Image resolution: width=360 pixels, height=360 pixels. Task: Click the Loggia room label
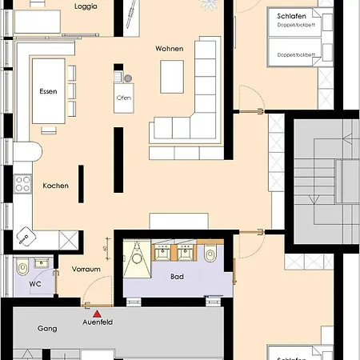[86, 6]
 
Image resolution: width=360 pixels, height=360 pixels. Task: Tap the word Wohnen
[169, 49]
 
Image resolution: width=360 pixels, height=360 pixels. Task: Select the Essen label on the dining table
[48, 92]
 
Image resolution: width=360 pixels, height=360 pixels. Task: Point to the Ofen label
[124, 98]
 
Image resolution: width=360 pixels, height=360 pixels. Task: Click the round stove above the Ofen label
[127, 78]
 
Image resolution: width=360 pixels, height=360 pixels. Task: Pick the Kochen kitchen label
[56, 186]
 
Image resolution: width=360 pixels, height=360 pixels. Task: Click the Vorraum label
[86, 270]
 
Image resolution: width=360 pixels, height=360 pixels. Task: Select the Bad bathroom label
[178, 277]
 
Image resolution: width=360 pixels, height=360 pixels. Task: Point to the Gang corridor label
[47, 328]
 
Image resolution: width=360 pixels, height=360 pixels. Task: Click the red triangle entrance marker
[98, 314]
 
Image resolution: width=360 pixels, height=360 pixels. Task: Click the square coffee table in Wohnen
[173, 77]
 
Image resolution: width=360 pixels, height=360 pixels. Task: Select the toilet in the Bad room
[210, 254]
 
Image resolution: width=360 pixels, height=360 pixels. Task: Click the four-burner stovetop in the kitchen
[22, 185]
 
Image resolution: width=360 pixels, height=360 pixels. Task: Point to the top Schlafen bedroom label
[290, 16]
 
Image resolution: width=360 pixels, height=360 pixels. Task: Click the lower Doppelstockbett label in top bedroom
[296, 55]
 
